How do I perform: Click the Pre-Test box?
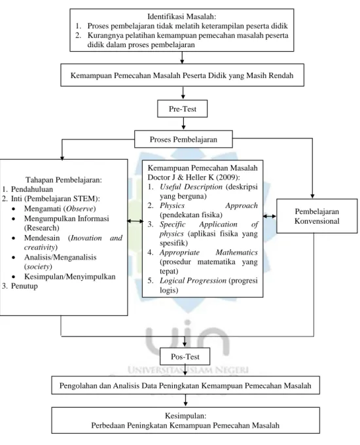tap(182, 109)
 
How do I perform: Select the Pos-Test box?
tap(185, 357)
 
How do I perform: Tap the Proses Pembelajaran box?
tap(183, 139)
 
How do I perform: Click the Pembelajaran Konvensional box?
tap(317, 216)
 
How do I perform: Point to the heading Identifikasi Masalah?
tap(182, 16)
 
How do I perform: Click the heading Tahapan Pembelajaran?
tap(64, 180)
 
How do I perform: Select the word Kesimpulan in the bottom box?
tap(185, 416)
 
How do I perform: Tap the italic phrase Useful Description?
tap(191, 187)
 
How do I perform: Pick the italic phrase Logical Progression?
tap(193, 280)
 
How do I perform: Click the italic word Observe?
tap(79, 209)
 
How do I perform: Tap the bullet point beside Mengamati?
tap(13, 209)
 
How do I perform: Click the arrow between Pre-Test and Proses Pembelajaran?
tap(183, 124)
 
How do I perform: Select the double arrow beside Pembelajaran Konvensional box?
tap(270, 216)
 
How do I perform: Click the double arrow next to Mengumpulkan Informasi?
tap(135, 221)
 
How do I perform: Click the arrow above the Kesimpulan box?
tap(185, 400)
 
